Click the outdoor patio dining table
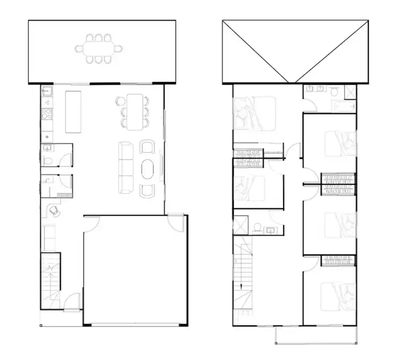99,49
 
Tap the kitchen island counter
73,111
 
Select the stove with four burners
47,114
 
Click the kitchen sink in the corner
47,92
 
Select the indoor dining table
135,111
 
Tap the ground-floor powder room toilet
48,161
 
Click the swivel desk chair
54,211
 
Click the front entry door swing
72,301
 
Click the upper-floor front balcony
316,335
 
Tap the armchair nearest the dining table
147,147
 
